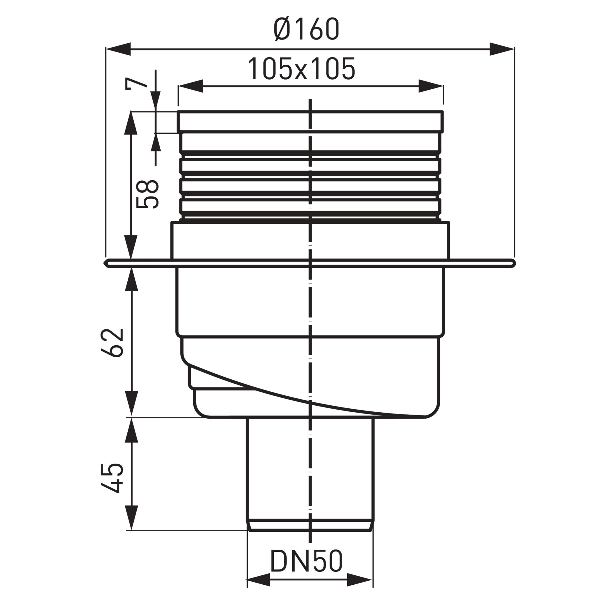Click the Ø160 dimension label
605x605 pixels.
coord(306,29)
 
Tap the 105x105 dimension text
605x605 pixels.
coord(302,69)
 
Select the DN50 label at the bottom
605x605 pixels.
coord(306,561)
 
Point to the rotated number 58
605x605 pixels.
coord(148,193)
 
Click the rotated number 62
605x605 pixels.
coord(113,343)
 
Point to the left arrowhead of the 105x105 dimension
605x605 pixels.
coord(190,86)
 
